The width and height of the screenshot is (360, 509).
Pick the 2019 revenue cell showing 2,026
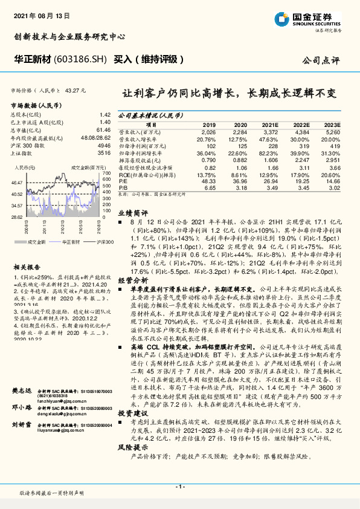coord(208,131)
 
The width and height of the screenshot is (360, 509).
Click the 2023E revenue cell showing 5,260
coord(332,131)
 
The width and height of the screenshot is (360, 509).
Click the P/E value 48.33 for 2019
coord(208,181)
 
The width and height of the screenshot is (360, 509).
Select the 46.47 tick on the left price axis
coord(17,182)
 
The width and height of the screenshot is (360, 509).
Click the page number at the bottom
coord(179,486)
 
